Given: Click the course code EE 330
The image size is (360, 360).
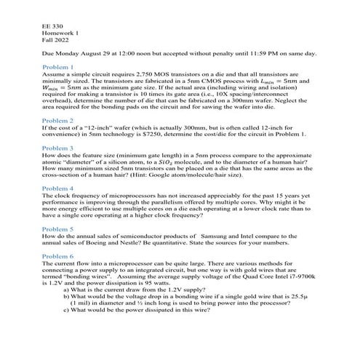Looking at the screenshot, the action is pos(52,27).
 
